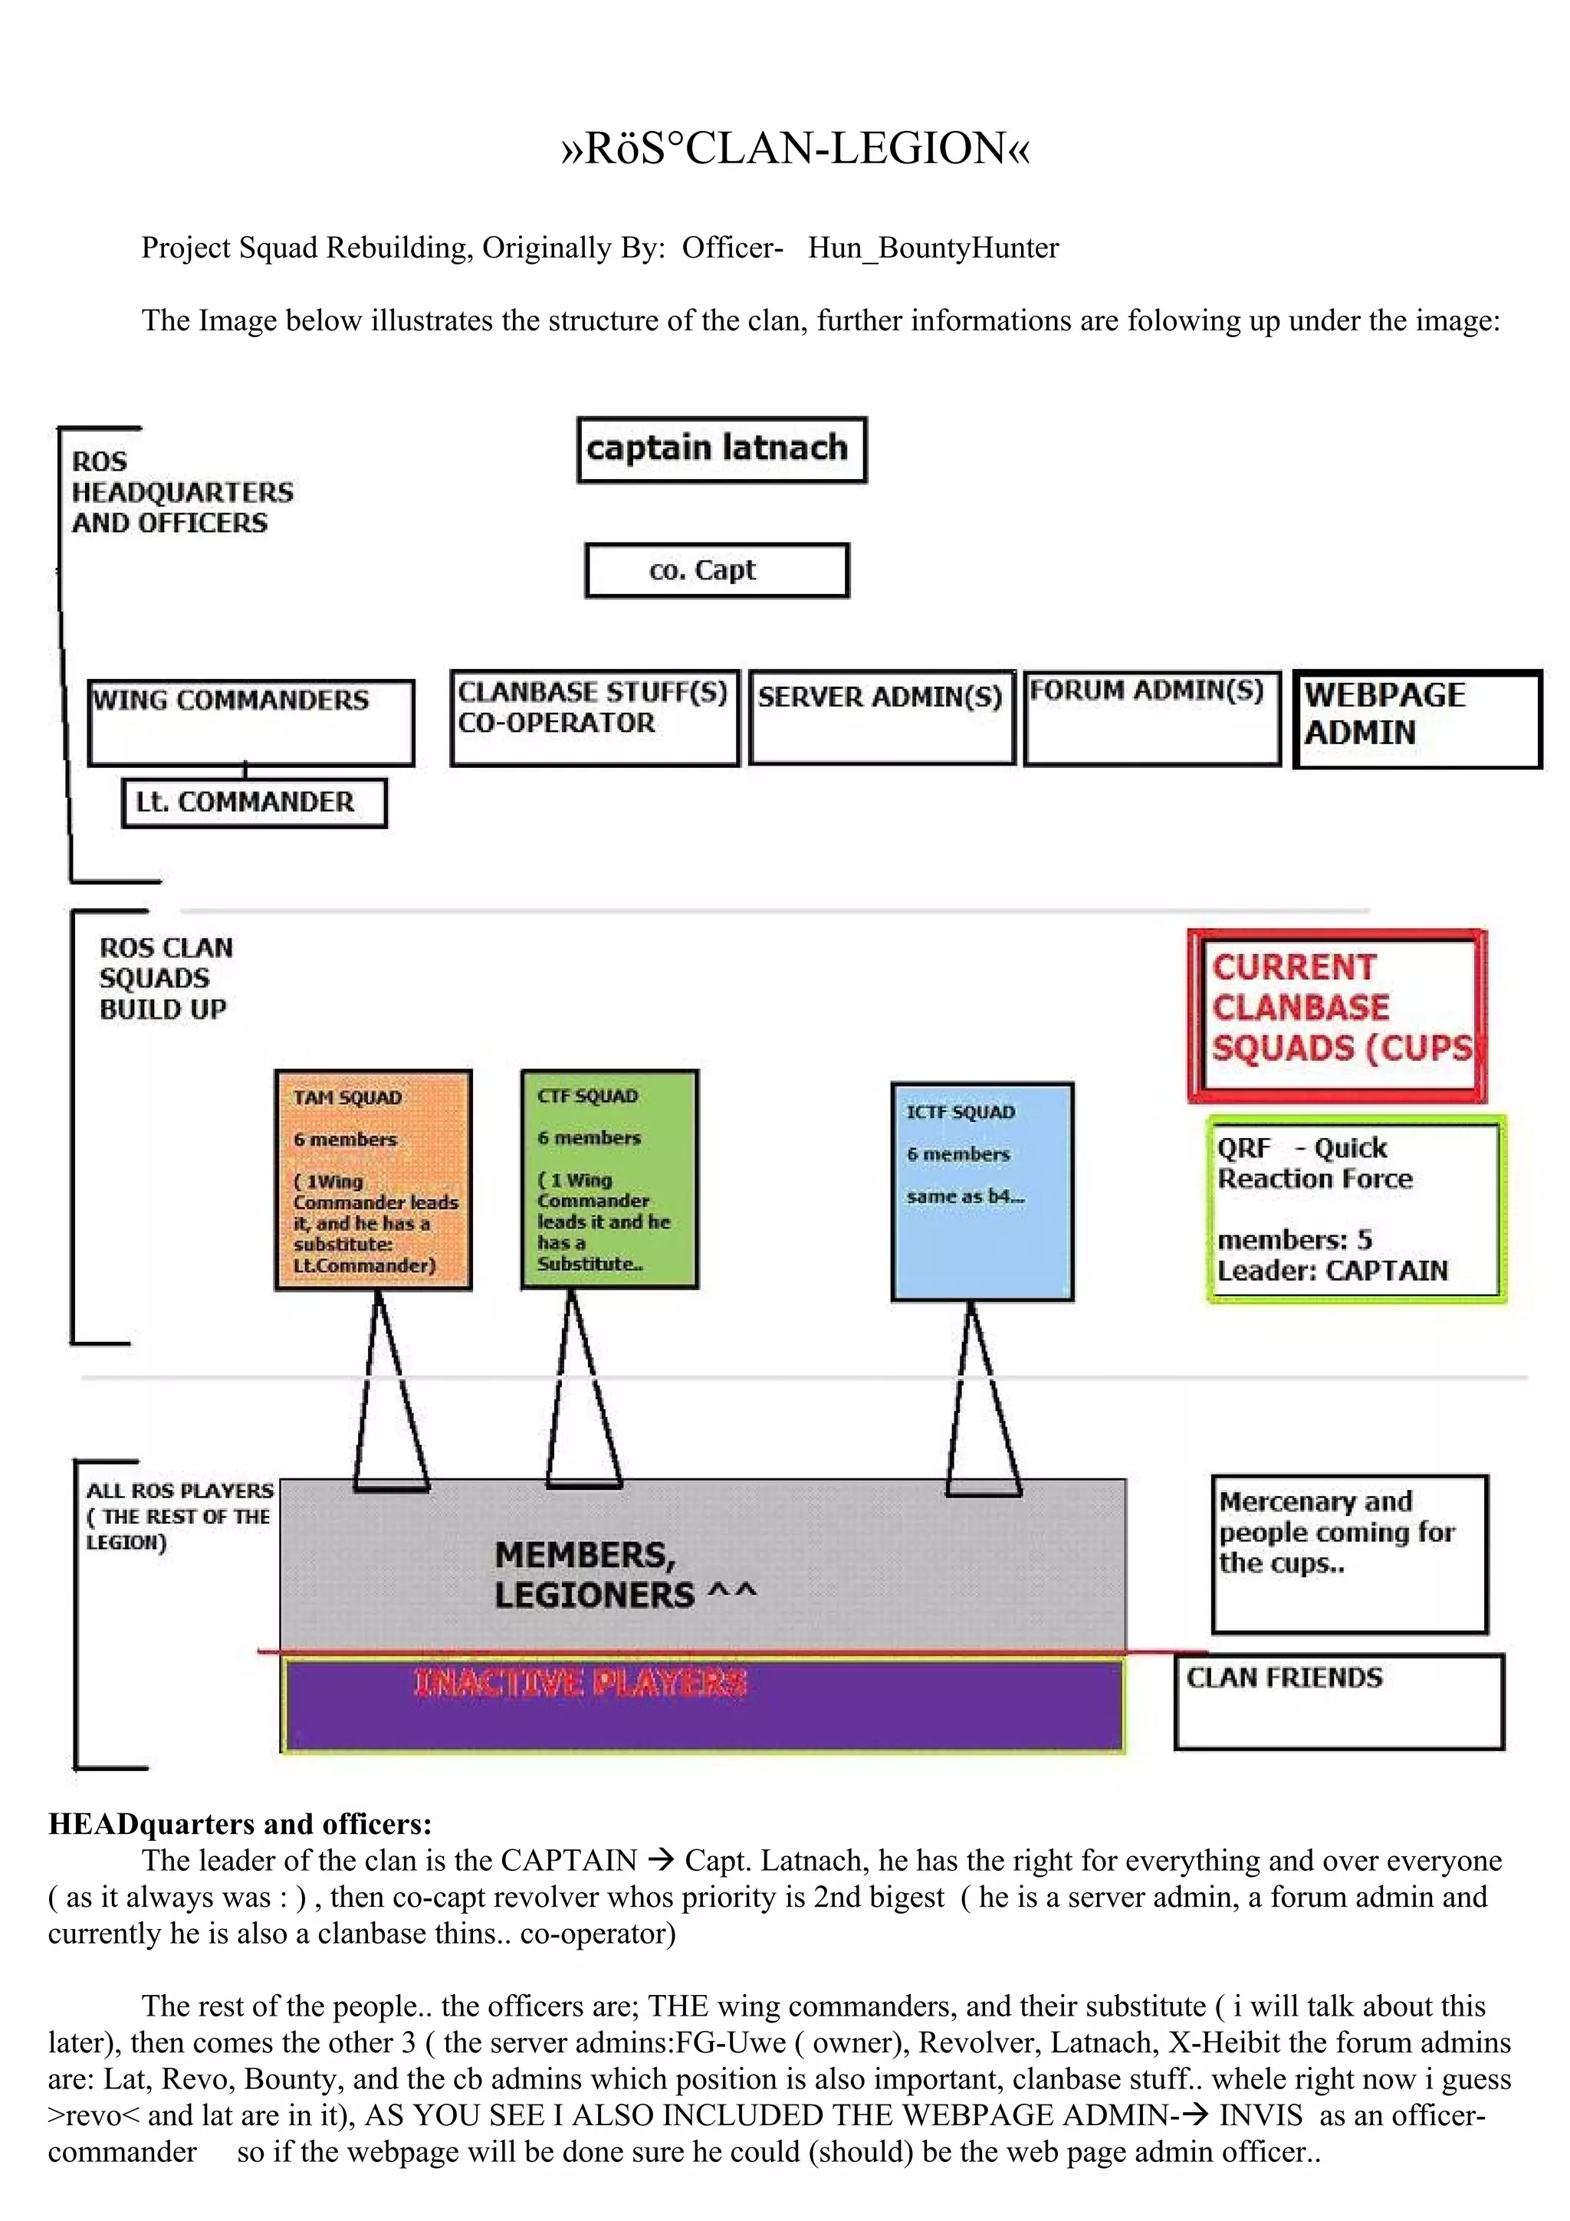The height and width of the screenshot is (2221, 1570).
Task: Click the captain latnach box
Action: click(x=721, y=450)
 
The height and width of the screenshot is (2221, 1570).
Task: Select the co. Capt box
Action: click(x=717, y=571)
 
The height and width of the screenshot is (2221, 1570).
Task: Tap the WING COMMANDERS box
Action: click(x=251, y=723)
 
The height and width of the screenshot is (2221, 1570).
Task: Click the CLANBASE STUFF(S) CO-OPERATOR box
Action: click(x=594, y=718)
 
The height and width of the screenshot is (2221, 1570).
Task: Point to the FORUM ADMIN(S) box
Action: click(x=1151, y=718)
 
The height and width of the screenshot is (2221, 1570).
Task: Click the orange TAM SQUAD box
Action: click(x=373, y=1179)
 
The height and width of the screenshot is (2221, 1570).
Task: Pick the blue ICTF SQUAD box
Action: click(x=982, y=1191)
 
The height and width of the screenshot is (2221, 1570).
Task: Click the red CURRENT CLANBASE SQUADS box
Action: click(x=1337, y=1015)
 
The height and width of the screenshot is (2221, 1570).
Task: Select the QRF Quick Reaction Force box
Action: click(x=1355, y=1209)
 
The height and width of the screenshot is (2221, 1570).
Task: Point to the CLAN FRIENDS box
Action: click(x=1338, y=1701)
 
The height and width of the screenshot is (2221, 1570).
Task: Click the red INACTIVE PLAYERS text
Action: click(x=580, y=1683)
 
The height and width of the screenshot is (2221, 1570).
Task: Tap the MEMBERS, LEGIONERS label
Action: click(x=624, y=1576)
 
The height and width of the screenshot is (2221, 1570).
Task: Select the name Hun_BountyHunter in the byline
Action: click(x=934, y=248)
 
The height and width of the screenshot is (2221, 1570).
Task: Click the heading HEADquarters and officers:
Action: click(x=240, y=1823)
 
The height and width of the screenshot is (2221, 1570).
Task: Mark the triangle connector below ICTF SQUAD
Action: click(x=981, y=1398)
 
